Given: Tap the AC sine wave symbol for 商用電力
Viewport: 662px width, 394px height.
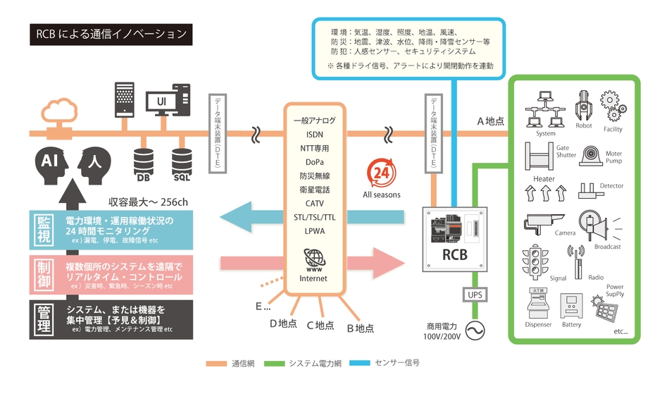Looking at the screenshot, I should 473,329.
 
